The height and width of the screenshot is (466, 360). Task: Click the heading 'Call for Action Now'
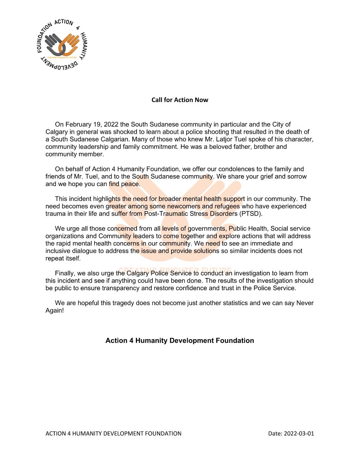click(180, 100)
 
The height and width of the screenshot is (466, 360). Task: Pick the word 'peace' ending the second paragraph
click(130, 184)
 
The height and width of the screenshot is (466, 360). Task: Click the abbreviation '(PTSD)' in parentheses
click(251, 214)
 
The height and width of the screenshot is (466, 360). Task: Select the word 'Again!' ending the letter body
click(55, 310)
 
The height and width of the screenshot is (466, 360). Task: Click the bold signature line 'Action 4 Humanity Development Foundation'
click(180, 341)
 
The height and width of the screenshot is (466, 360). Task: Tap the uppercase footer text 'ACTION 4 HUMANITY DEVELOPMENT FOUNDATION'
click(113, 434)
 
